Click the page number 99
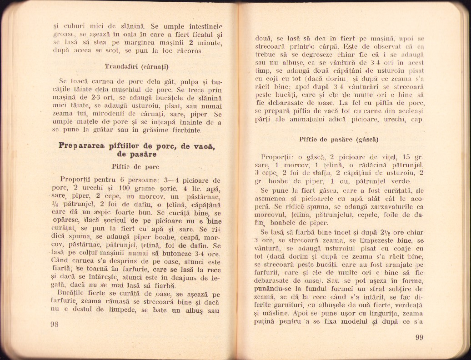pyautogui.click(x=419, y=337)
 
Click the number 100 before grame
pyautogui.click(x=120, y=188)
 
